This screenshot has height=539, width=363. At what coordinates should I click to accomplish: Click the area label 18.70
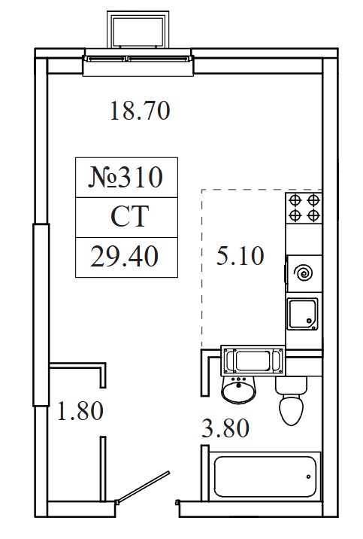tap(140, 111)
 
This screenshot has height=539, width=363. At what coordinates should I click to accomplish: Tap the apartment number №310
tap(126, 178)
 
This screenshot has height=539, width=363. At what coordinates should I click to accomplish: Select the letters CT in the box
tap(130, 216)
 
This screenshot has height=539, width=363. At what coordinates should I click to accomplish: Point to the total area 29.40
tap(124, 257)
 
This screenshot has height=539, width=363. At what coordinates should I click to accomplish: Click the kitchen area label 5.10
tap(240, 256)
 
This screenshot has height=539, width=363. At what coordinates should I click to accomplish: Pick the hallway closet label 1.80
tap(80, 410)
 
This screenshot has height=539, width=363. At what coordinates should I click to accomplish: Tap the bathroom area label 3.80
tap(225, 428)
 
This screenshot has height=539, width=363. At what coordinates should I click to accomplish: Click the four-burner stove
tap(304, 208)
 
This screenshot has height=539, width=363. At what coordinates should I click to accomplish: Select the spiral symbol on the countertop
tap(304, 273)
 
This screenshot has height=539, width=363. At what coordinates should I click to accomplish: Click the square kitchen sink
tap(303, 314)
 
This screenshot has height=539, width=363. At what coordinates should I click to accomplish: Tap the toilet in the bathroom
tap(292, 400)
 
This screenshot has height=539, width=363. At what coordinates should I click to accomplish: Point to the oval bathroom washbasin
tap(238, 390)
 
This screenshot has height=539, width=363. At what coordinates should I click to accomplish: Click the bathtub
tap(265, 477)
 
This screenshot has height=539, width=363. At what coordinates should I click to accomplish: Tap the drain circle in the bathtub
tap(308, 477)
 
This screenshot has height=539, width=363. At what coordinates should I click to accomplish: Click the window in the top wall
tap(138, 59)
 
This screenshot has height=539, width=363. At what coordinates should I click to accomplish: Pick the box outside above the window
tap(138, 29)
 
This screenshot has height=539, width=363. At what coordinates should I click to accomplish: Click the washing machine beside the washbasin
tap(253, 361)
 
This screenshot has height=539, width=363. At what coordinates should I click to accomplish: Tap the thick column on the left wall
tap(41, 315)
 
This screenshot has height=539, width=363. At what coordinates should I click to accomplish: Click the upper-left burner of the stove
tap(295, 199)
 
